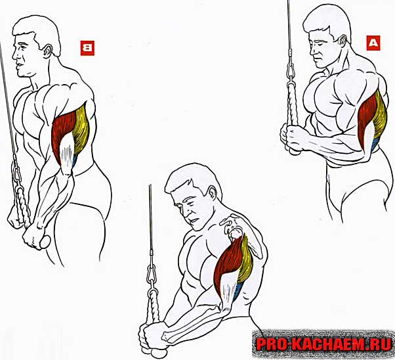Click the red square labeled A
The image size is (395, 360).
pyautogui.click(x=373, y=43)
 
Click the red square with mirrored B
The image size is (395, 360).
pyautogui.click(x=87, y=48)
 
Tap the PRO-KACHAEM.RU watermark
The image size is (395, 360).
pyautogui.click(x=323, y=344)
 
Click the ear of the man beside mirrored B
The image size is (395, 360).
pyautogui.click(x=48, y=52)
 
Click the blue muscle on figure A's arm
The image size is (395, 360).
pyautogui.click(x=375, y=144)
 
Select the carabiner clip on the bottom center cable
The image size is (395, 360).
pyautogui.click(x=151, y=273)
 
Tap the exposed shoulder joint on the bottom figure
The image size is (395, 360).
pyautogui.click(x=236, y=233)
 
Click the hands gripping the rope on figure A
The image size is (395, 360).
pyautogui.click(x=292, y=137)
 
